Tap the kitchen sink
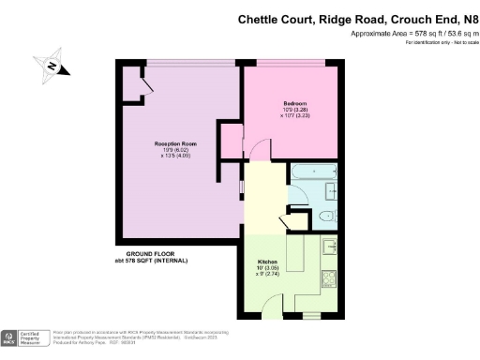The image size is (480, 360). pyautogui.click(x=331, y=247)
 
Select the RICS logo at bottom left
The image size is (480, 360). pyautogui.click(x=11, y=336)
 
